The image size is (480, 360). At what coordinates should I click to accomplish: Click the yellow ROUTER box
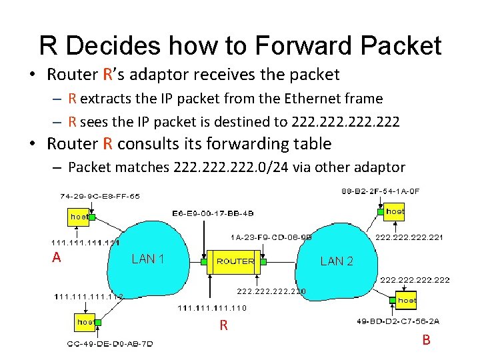point(235,261)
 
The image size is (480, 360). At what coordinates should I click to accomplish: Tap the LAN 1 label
point(148,259)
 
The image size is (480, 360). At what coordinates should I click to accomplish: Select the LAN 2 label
point(337,261)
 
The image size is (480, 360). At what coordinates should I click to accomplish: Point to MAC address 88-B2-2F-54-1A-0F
point(380,191)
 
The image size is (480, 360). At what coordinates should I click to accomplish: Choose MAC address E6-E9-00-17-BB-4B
point(213,213)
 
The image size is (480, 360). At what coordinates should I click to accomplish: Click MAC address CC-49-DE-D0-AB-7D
point(110,344)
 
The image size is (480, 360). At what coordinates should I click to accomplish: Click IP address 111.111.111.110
point(212,308)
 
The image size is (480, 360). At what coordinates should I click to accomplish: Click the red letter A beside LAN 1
point(57,257)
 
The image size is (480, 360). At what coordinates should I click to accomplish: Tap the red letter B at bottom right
point(426,340)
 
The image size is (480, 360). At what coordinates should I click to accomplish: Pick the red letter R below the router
point(224,325)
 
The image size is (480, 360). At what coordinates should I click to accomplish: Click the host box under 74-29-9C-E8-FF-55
point(79,217)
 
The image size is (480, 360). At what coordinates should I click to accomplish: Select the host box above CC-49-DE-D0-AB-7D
point(85,322)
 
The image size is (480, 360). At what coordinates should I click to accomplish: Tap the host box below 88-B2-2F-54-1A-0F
point(395,211)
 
